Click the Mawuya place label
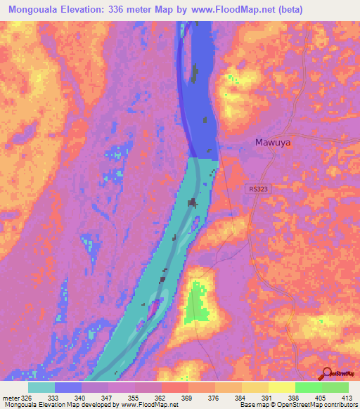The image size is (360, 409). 272,143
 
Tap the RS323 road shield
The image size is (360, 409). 258,189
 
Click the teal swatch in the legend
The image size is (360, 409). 41,387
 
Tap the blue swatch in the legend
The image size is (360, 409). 67,387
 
